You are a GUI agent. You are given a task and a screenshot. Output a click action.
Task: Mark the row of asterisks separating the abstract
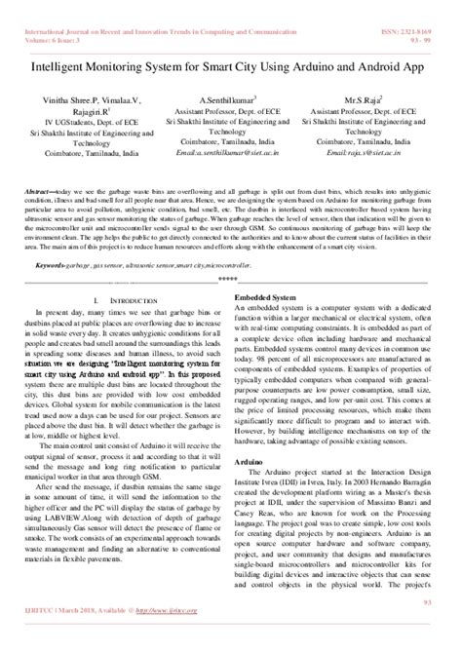click(230, 251)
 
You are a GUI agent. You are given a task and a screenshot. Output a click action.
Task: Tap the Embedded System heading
click(263, 266)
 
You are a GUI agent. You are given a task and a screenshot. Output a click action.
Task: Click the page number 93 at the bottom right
click(440, 631)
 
